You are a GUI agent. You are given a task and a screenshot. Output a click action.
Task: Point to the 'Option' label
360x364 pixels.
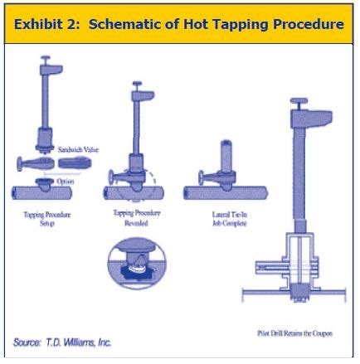coord(67,180)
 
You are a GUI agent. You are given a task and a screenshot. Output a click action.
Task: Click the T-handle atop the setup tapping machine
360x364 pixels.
coord(46,60)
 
